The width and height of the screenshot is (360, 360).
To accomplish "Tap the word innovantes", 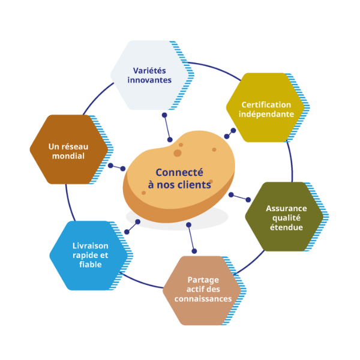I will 149,80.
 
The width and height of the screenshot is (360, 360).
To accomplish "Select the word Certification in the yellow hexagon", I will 266,104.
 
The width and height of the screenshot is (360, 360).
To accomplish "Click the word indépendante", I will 266,114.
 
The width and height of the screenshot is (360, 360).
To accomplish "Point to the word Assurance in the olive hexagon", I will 286,208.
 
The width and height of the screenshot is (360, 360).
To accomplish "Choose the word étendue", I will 286,227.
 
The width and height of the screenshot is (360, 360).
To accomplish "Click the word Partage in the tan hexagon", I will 203,280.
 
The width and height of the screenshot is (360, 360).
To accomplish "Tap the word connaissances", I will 202,299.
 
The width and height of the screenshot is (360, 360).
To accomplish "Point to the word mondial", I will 68,156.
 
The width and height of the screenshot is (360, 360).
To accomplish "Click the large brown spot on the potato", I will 178,153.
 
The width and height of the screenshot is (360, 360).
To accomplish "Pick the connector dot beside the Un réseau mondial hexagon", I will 110,166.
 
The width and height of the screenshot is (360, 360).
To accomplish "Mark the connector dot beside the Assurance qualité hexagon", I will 248,200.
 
